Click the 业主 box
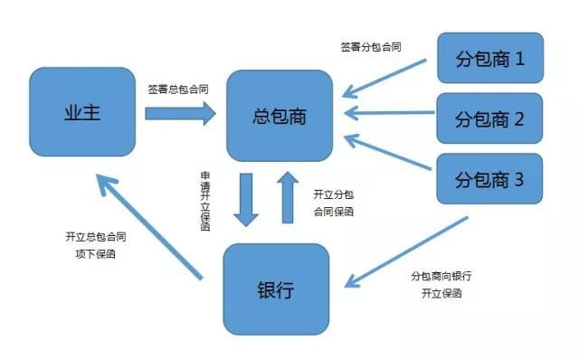coord(82,113)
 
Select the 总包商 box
coord(280,115)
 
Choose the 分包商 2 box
coord(489,118)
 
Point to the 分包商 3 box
coord(489,178)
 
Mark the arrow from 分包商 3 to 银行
coord(406,252)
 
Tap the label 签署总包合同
coord(179,90)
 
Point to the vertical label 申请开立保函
coord(206,201)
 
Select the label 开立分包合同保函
coord(333,203)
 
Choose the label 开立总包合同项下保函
coord(95,245)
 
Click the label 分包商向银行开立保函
coord(441,284)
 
